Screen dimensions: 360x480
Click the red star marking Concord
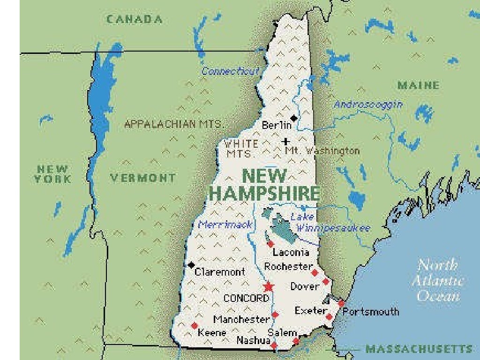(x=269, y=286)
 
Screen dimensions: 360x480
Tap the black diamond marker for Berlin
(x=294, y=118)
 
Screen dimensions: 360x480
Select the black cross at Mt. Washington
(x=286, y=141)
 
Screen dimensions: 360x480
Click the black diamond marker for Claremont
(x=191, y=265)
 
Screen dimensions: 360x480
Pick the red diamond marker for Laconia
(x=270, y=244)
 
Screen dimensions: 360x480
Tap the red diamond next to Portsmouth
(x=341, y=303)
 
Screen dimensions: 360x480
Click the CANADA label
(x=135, y=19)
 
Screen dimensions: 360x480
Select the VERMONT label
(x=143, y=178)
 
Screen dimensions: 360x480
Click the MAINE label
(x=419, y=85)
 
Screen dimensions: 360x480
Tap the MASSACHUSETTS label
(x=419, y=349)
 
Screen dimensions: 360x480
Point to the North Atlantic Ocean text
(x=437, y=280)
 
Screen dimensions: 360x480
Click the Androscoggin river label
(x=368, y=105)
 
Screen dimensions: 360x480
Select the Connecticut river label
(x=230, y=71)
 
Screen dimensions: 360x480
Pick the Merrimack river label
(x=225, y=225)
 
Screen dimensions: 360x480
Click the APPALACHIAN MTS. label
(x=174, y=125)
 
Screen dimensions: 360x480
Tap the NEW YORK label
(x=52, y=174)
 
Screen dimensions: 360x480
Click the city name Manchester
(x=241, y=320)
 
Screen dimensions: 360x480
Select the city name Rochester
(x=288, y=266)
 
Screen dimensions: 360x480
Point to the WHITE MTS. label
(x=241, y=148)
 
